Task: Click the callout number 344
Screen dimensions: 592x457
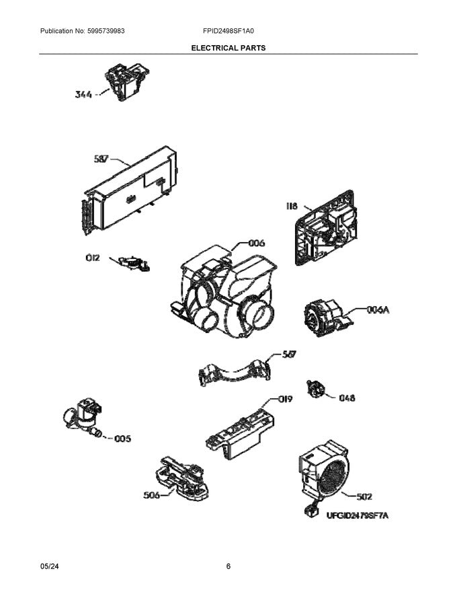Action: pyautogui.click(x=84, y=95)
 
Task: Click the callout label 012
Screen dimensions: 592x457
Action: pyautogui.click(x=92, y=257)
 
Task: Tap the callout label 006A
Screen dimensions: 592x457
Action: pyautogui.click(x=378, y=309)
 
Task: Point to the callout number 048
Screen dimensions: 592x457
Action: pyautogui.click(x=347, y=398)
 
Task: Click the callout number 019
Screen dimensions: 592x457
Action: pyautogui.click(x=285, y=399)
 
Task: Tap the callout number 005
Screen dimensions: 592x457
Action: pyautogui.click(x=122, y=439)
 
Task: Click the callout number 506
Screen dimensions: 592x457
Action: pyautogui.click(x=152, y=496)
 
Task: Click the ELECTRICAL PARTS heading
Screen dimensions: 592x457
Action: pyautogui.click(x=229, y=48)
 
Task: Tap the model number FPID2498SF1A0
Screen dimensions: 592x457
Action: pyautogui.click(x=229, y=31)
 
